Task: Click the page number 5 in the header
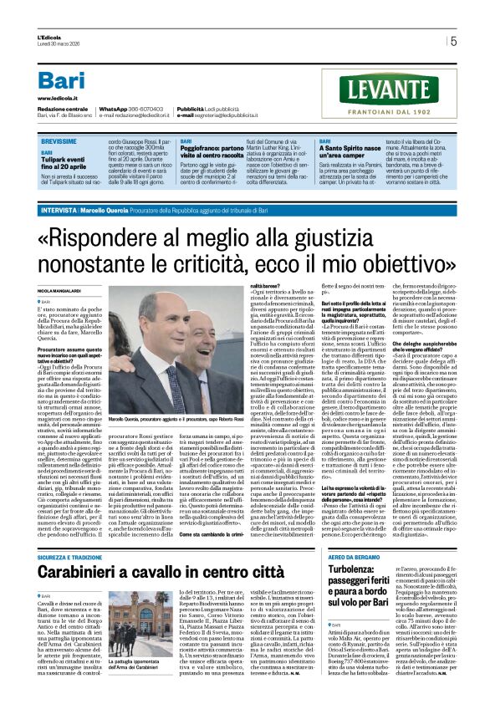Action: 453,40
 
